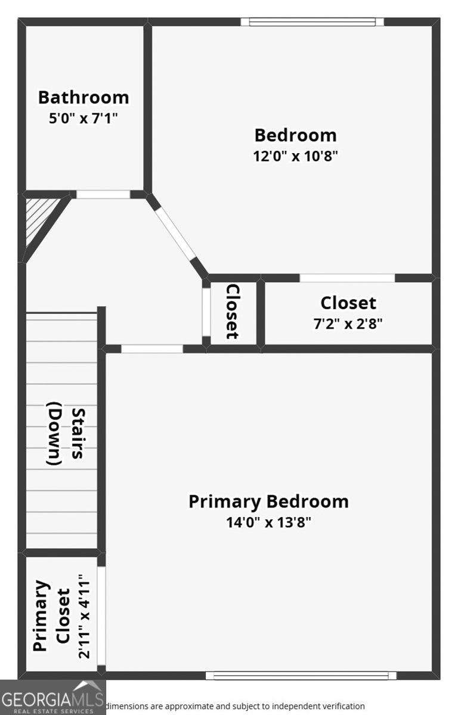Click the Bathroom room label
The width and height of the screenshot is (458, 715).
83,97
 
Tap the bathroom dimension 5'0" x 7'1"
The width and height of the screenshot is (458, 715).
83,118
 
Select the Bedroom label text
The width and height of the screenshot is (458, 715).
295,135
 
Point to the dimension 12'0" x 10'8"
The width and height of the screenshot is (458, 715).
295,156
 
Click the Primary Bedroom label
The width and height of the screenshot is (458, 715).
268,501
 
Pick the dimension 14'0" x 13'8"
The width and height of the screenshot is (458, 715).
268,523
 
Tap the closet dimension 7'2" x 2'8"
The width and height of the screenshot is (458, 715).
348,324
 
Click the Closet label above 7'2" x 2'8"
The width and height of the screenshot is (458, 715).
348,303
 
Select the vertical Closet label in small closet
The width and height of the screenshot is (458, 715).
233,311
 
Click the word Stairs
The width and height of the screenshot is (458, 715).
77,433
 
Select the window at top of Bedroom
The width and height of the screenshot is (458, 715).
312,22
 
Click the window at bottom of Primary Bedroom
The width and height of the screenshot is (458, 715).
301,675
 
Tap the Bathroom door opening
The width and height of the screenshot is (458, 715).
103,194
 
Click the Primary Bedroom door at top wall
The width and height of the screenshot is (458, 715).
152,349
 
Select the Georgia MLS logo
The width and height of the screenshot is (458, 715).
52,697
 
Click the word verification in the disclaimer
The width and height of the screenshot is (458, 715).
338,706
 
